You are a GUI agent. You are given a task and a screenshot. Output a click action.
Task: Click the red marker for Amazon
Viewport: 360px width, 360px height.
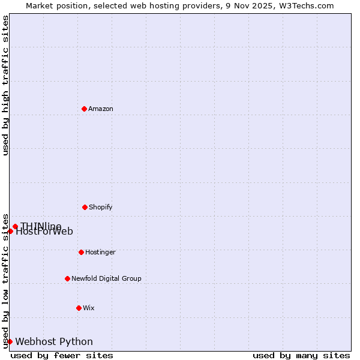tap(84, 109)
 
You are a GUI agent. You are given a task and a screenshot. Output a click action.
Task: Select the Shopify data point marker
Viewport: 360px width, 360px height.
tap(85, 207)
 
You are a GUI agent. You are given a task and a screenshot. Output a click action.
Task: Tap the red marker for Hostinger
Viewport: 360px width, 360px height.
tap(81, 252)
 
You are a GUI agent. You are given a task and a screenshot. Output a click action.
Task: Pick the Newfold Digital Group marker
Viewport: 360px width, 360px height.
tap(67, 278)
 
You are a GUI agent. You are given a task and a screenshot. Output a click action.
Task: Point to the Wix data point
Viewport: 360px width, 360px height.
tap(79, 308)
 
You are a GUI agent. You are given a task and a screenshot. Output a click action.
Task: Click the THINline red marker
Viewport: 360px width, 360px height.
tap(15, 226)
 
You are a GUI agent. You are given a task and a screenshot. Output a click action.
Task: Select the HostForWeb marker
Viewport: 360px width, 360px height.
tap(10, 231)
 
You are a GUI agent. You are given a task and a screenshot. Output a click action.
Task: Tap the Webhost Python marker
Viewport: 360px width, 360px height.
tap(10, 341)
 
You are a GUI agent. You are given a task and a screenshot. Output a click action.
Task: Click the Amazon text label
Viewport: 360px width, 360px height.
tap(101, 109)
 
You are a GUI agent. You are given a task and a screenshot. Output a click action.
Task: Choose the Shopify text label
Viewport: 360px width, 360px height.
tap(101, 207)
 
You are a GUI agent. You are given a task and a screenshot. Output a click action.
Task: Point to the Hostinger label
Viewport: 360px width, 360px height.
tap(100, 252)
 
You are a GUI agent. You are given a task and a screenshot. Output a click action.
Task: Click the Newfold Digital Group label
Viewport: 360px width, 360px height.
tap(107, 278)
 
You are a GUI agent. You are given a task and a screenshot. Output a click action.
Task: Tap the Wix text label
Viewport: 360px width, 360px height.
tap(89, 308)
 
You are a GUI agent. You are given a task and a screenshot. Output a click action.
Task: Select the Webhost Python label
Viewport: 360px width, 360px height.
tap(54, 341)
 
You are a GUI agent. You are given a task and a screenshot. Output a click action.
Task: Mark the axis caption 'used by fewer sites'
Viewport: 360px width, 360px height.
tap(62, 355)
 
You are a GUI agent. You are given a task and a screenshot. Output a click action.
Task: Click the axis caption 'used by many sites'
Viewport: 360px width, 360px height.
tap(301, 355)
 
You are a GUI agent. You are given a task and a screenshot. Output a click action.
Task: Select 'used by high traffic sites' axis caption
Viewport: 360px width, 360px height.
tap(5, 85)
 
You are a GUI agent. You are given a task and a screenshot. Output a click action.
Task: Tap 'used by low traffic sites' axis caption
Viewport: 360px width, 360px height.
tap(5, 280)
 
